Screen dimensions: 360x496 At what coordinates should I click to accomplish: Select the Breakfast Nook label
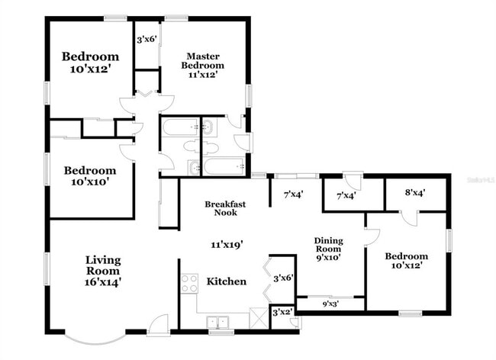225,208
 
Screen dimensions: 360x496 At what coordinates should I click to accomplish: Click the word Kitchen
227,281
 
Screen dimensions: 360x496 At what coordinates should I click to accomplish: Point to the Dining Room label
329,245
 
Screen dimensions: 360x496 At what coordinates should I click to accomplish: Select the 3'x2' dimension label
283,312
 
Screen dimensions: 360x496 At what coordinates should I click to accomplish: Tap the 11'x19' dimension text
227,245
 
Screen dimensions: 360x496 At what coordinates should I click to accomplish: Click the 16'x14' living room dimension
103,282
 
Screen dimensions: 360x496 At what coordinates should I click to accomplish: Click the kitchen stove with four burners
188,284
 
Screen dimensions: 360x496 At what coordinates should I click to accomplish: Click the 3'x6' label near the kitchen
283,278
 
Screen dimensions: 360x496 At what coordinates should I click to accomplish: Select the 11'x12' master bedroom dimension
204,76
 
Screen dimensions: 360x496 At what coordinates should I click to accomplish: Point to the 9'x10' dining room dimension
329,257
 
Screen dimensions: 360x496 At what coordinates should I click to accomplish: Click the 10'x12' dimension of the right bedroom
406,265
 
